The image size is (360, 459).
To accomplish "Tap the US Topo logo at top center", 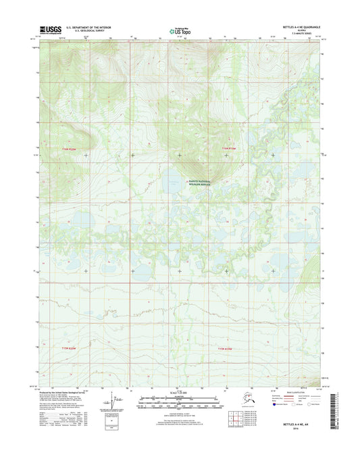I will coord(175,30).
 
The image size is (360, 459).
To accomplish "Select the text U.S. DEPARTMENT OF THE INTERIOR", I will coord(89,28).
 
